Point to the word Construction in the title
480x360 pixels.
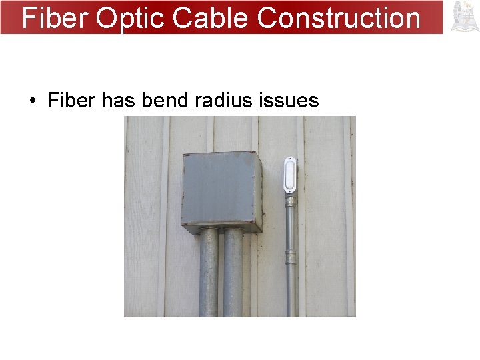click(x=339, y=18)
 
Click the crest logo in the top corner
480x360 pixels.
click(x=465, y=17)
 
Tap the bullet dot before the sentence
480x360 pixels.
click(x=32, y=101)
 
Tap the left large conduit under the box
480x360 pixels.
click(x=209, y=273)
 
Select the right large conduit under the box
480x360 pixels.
click(x=233, y=273)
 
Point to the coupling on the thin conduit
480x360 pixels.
click(x=291, y=257)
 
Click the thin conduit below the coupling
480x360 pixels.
click(x=291, y=290)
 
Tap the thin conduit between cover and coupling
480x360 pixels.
click(x=291, y=223)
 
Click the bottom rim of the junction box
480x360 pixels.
click(x=219, y=230)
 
